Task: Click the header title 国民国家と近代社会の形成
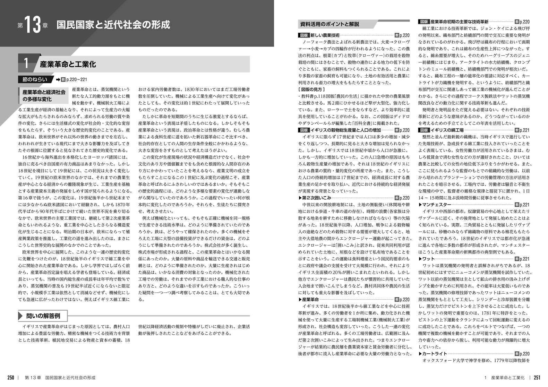coord(113,25)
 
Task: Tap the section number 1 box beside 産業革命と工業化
coord(26,64)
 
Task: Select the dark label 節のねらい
coord(35,79)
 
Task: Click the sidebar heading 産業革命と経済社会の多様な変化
coord(44,96)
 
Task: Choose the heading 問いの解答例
coord(43,316)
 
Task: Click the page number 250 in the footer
coord(11,378)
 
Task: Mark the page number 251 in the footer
coord(537,378)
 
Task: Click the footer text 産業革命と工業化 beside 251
coord(508,378)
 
